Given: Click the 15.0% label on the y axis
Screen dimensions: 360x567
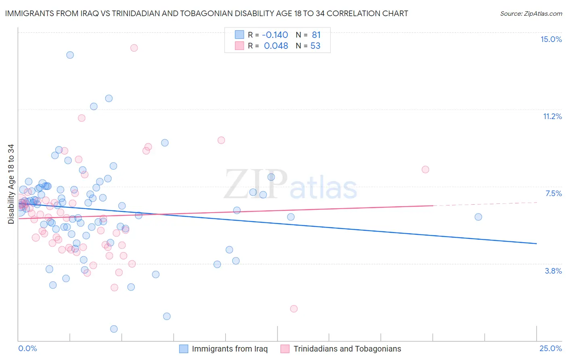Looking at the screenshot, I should (x=551, y=39).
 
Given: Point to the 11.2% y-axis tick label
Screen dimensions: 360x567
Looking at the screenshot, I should (x=552, y=116).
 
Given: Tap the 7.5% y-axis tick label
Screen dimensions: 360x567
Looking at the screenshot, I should (x=553, y=193).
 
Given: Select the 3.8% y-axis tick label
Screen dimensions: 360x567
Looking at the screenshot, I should (x=553, y=271).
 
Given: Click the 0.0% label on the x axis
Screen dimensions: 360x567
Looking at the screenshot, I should (x=27, y=348).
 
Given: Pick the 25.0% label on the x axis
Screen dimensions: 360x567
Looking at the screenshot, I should (x=550, y=348).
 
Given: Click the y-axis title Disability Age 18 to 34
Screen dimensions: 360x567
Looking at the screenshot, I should (x=11, y=184).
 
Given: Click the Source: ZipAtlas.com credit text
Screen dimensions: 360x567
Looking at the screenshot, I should (x=531, y=14).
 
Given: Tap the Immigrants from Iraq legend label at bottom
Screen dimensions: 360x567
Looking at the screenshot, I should (x=229, y=349).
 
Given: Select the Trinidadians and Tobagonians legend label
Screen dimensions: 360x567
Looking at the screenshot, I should (x=347, y=349).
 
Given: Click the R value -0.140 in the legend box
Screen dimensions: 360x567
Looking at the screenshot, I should (x=275, y=35).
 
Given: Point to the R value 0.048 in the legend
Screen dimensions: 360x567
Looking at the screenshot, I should (x=276, y=46).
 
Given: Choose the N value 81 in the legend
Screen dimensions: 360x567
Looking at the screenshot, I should (x=316, y=35).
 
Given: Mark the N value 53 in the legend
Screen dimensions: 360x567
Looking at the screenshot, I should (x=315, y=46).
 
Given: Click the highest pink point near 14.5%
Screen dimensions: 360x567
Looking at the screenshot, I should (x=134, y=48).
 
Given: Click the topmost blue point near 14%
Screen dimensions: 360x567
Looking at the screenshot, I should (x=70, y=55).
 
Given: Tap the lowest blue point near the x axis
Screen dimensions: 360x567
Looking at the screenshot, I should (x=114, y=329).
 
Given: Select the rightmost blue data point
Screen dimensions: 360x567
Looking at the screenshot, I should (x=478, y=217).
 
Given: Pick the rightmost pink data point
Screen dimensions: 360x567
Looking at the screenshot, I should (x=425, y=170).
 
